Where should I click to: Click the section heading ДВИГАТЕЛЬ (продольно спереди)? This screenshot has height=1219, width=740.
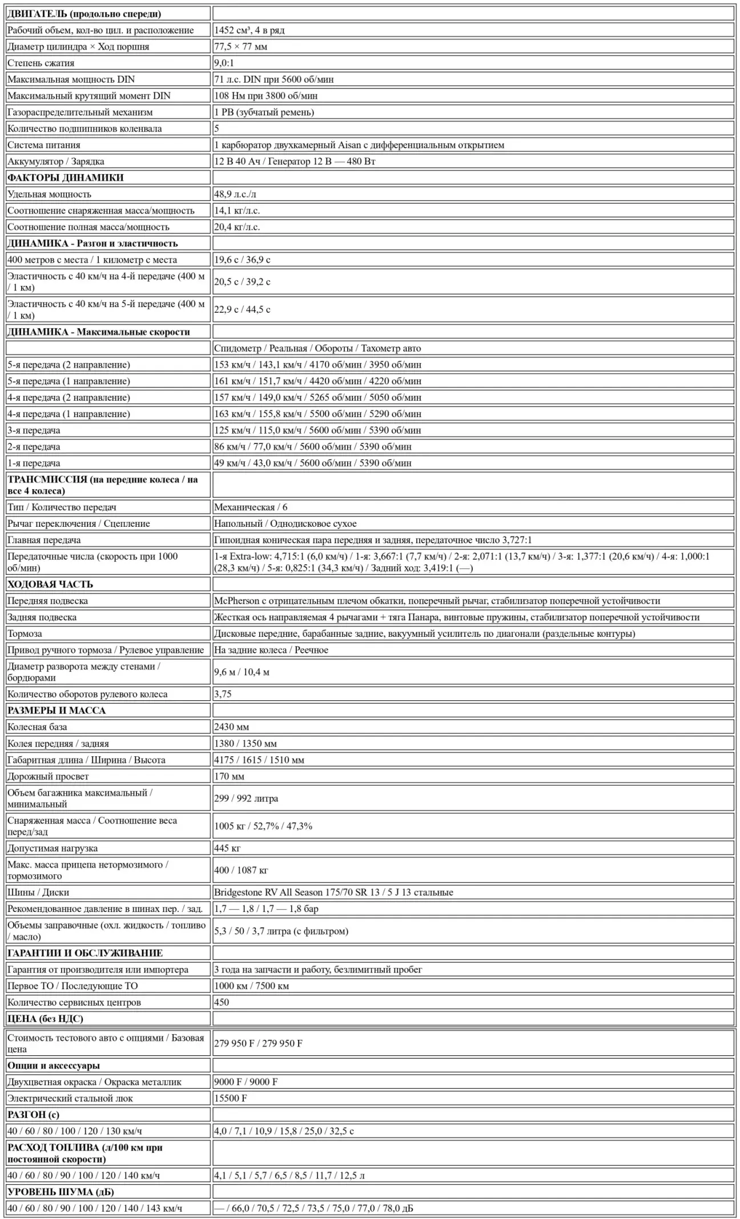click(x=84, y=14)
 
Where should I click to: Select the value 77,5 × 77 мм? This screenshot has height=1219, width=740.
click(x=240, y=47)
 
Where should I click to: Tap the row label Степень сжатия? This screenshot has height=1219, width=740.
click(x=41, y=63)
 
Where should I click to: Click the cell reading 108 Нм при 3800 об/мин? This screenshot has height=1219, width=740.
click(x=266, y=96)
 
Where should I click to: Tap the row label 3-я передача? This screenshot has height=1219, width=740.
click(x=34, y=430)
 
